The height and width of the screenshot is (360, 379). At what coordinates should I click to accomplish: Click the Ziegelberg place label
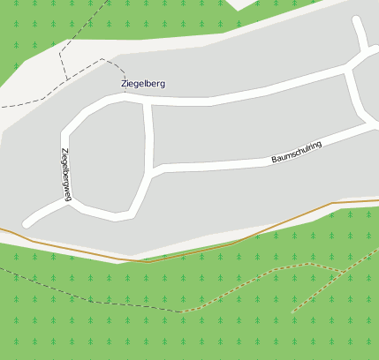tap(143, 84)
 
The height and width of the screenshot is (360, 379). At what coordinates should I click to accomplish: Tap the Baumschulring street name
tap(297, 152)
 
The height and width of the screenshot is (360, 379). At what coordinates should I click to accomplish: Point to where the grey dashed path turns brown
tap(182, 311)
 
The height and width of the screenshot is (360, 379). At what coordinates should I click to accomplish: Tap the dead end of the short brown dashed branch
tap(292, 311)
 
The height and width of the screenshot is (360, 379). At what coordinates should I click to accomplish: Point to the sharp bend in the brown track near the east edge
tap(332, 204)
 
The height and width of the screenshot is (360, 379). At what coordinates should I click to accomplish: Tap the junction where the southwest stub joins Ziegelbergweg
tap(69, 199)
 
